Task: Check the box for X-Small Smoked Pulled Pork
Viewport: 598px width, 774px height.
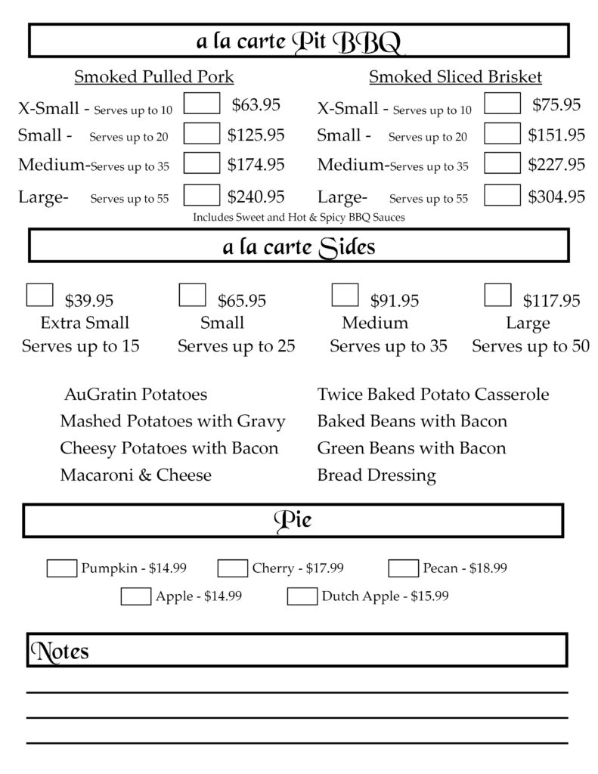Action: [202, 104]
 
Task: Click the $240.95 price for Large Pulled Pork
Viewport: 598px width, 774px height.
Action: [256, 197]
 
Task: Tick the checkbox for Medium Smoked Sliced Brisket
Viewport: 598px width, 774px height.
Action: [502, 163]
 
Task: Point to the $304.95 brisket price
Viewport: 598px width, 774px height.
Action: [556, 197]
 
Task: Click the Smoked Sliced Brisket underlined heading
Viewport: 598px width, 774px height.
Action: [455, 77]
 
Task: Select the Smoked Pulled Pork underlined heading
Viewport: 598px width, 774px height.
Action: [154, 77]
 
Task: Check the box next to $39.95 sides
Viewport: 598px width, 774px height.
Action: [39, 295]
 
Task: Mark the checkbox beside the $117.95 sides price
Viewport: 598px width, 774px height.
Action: [497, 295]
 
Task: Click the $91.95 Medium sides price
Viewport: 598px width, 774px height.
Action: [394, 301]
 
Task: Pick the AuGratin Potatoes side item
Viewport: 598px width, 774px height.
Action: [135, 395]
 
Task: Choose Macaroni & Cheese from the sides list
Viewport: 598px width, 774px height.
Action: [135, 475]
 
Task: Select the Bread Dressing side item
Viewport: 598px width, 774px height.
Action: [376, 475]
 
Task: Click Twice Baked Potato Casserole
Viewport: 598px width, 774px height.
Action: [433, 395]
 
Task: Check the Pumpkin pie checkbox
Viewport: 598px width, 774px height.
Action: [61, 568]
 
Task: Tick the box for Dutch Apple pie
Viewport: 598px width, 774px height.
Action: [302, 596]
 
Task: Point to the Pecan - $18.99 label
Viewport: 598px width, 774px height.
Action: [464, 568]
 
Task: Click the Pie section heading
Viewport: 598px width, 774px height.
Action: [293, 521]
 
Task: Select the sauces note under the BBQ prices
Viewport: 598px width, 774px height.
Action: [299, 218]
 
